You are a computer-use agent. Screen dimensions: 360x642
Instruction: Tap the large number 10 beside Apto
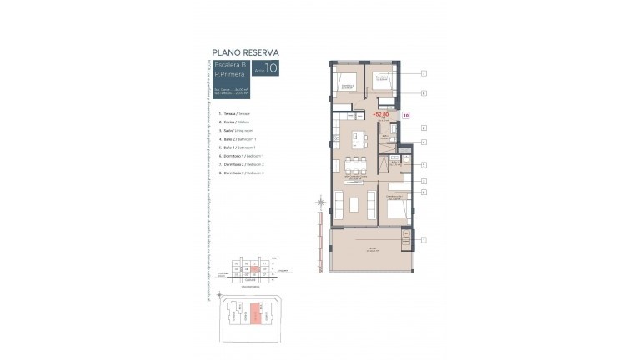pyautogui.click(x=271, y=68)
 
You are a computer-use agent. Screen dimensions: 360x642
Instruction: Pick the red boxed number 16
pyautogui.click(x=406, y=115)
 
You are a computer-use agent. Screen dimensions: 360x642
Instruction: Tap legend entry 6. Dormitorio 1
pyautogui.click(x=243, y=156)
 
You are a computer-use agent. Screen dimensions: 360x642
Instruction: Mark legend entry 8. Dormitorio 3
pyautogui.click(x=243, y=172)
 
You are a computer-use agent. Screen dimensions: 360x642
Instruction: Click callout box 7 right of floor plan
pyautogui.click(x=424, y=73)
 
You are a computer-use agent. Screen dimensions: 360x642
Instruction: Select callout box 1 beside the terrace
pyautogui.click(x=424, y=240)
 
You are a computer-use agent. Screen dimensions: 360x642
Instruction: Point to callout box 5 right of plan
pyautogui.click(x=424, y=165)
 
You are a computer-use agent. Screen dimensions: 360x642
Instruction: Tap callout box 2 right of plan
pyautogui.click(x=424, y=127)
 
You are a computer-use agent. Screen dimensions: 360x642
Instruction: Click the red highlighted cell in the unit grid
pyautogui.click(x=255, y=269)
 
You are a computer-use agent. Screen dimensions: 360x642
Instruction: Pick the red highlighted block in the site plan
pyautogui.click(x=255, y=315)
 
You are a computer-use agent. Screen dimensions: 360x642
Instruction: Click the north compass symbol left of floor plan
pyautogui.click(x=321, y=202)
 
